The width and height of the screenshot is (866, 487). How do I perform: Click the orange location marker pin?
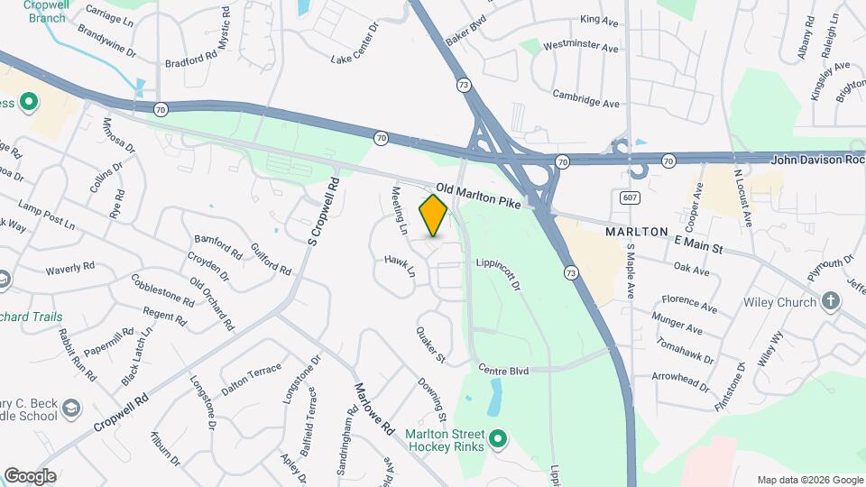click(434, 215)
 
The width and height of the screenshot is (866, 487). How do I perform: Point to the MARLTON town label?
click(636, 232)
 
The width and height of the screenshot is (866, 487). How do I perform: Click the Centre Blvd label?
click(503, 370)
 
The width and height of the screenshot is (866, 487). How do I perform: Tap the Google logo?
click(30, 476)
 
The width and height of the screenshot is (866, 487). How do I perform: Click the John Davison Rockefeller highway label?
click(816, 161)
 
